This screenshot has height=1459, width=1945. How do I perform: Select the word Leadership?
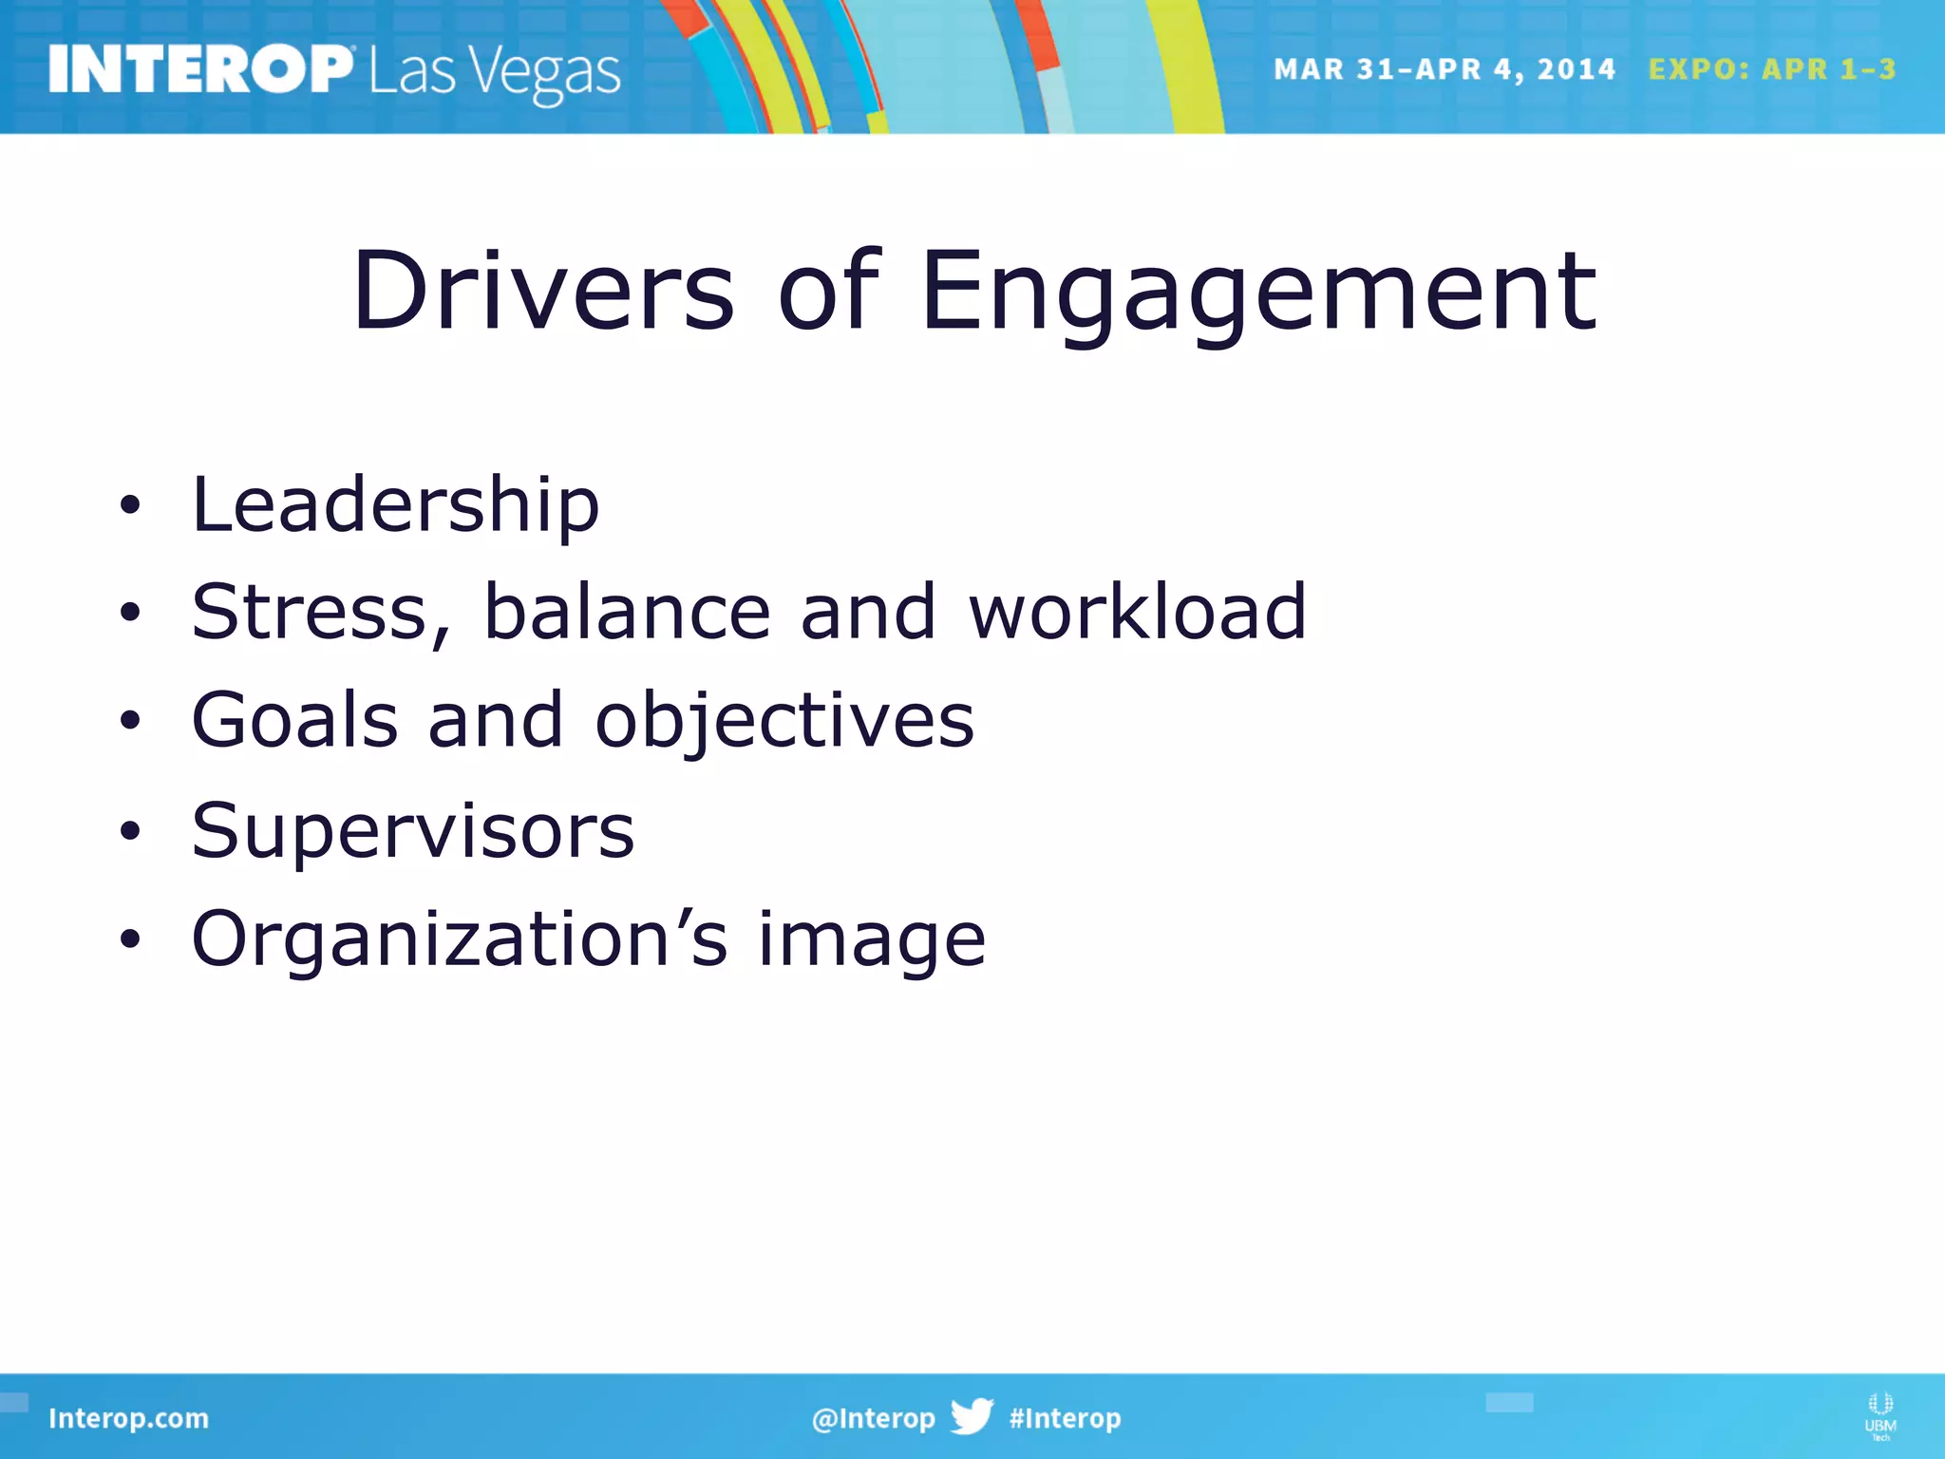[x=395, y=504]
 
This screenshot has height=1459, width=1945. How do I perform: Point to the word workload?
[x=1137, y=612]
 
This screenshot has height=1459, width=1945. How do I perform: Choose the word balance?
[x=627, y=612]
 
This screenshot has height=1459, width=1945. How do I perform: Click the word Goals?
[x=294, y=720]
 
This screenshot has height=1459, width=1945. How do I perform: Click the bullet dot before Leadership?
[x=130, y=506]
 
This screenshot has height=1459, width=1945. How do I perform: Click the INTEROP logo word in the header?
[x=200, y=69]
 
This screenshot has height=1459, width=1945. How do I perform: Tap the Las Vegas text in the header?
[x=495, y=73]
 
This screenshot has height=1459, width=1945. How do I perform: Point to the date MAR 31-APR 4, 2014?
[x=1444, y=69]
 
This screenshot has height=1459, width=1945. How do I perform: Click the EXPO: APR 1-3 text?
[x=1772, y=69]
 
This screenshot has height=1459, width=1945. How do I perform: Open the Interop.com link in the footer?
[x=128, y=1418]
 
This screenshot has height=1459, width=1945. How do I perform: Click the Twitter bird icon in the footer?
[x=972, y=1416]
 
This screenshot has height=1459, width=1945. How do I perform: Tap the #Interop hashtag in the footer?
[x=1065, y=1418]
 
